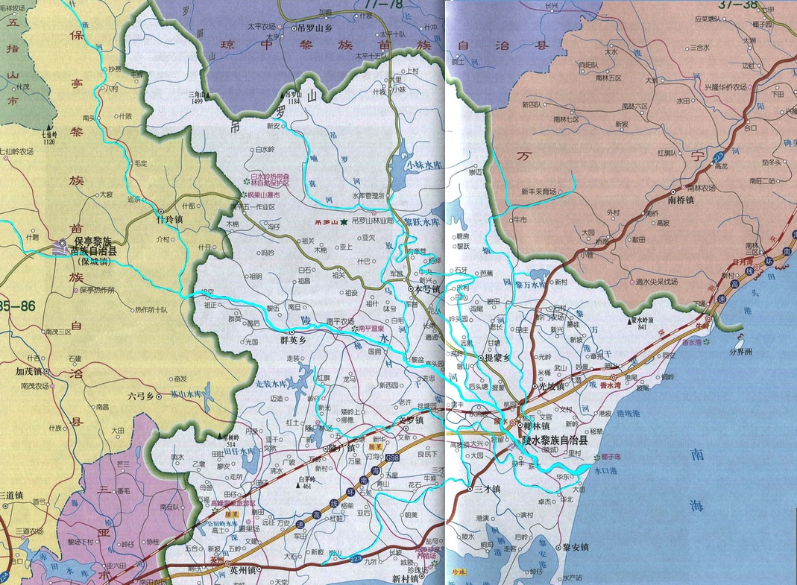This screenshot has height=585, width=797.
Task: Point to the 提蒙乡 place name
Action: tap(499, 358)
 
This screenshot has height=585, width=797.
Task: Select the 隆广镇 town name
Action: tap(343, 449)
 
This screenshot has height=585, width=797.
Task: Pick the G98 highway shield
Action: tap(393, 457)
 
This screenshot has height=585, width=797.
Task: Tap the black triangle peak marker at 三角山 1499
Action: tap(210, 96)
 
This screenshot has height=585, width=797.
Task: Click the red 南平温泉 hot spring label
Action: tap(371, 328)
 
